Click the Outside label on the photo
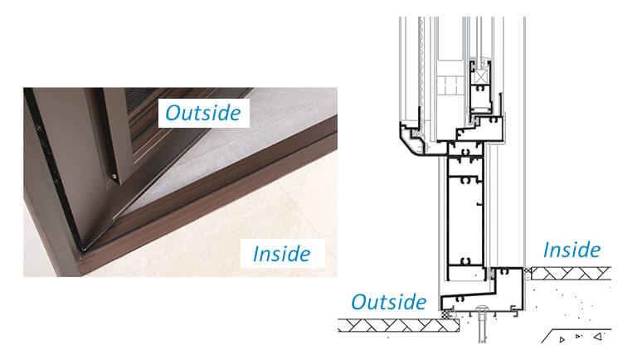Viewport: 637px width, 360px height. point(204,112)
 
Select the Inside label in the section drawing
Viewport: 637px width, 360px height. point(572,249)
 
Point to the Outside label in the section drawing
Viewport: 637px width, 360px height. point(388,301)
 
